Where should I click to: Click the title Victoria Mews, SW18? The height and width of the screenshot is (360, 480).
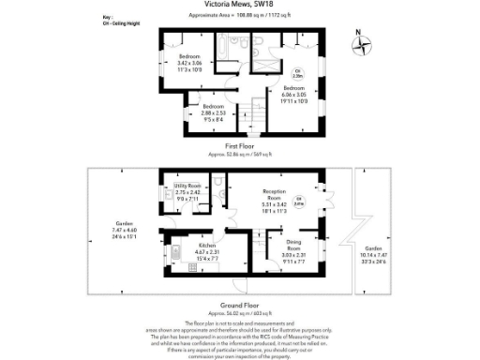[x=239, y=7]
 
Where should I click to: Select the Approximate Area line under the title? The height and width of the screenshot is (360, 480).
[x=239, y=17]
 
